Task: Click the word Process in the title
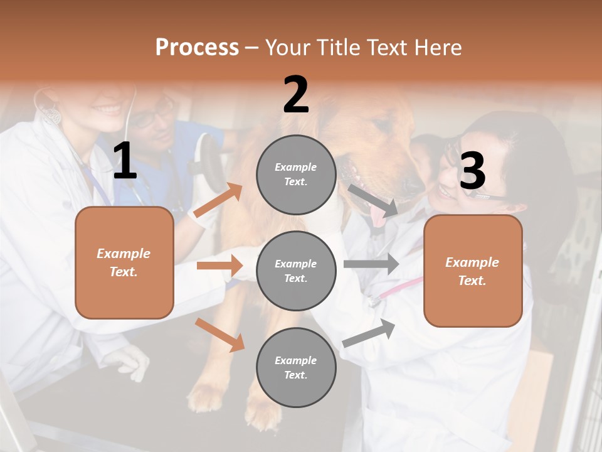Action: point(197,47)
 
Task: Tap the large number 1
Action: point(125,161)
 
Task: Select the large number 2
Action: point(296,94)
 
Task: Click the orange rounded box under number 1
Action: point(124,262)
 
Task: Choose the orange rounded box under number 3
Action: point(473,271)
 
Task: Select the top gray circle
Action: point(296,175)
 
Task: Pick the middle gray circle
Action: point(296,271)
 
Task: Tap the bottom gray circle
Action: point(296,367)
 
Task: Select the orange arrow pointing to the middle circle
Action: point(220,266)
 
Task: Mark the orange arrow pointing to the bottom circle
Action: point(220,335)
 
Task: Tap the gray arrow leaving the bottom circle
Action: point(369,333)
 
